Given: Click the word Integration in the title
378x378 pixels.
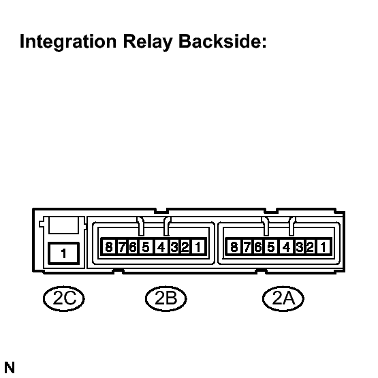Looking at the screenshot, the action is click(68, 42).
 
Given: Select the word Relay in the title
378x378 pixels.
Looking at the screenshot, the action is click(148, 42).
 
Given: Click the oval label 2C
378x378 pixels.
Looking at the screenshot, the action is click(64, 299).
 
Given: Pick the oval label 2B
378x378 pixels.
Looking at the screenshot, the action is click(166, 299).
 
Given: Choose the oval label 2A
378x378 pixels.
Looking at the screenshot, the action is click(283, 299).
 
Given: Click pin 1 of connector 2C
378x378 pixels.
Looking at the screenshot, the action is click(63, 253).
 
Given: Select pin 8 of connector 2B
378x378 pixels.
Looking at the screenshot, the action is click(109, 247).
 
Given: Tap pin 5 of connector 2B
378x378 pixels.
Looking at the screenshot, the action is click(146, 247).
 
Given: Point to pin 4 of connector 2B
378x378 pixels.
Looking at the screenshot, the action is click(161, 247).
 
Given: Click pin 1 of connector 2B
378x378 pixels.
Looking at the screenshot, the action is click(198, 247).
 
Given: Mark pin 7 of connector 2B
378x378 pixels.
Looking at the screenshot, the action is click(123, 247).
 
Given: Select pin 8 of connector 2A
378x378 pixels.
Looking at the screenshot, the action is click(234, 247).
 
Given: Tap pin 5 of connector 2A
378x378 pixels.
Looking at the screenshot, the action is click(270, 247).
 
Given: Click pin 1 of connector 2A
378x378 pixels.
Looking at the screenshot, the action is click(324, 247).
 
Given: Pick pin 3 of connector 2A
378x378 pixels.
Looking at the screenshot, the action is click(300, 247).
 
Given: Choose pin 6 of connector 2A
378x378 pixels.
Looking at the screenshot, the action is click(257, 247).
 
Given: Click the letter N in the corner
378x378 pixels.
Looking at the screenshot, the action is click(10, 368).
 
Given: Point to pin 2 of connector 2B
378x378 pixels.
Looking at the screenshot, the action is click(185, 247).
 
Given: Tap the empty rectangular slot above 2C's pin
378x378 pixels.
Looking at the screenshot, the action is click(63, 225).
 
